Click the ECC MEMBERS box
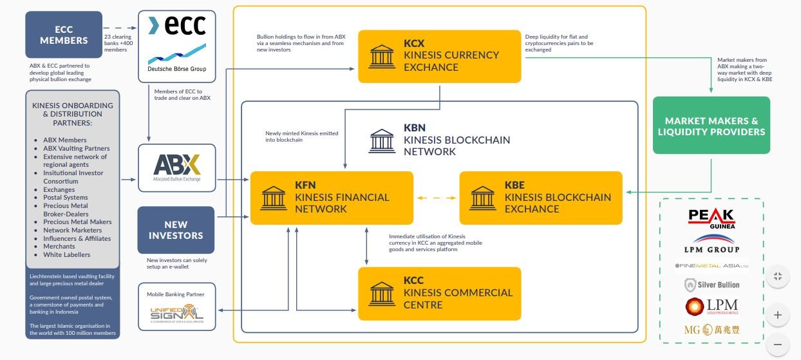pos(63,35)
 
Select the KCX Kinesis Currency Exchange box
pos(439,56)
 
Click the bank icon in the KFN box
pos(274,198)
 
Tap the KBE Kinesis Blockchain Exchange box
pos(541,197)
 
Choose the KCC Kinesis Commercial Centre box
pos(439,294)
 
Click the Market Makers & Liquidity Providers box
pos(711,126)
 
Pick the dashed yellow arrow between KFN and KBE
pos(436,198)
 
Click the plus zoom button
pos(778,315)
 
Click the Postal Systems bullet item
pos(65,198)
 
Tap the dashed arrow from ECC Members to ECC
pos(121,28)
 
